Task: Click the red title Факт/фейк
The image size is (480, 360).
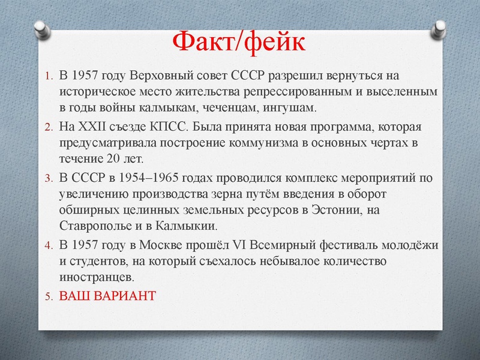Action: pos(239,42)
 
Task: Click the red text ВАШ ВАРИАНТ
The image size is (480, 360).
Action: pos(107,296)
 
